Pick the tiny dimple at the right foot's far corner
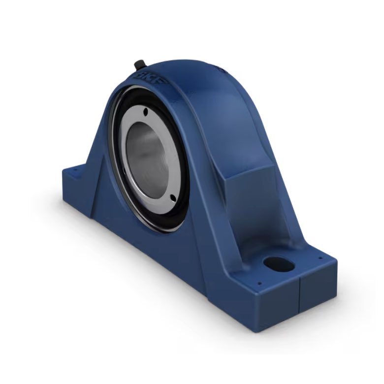321,257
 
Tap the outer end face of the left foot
74,197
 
